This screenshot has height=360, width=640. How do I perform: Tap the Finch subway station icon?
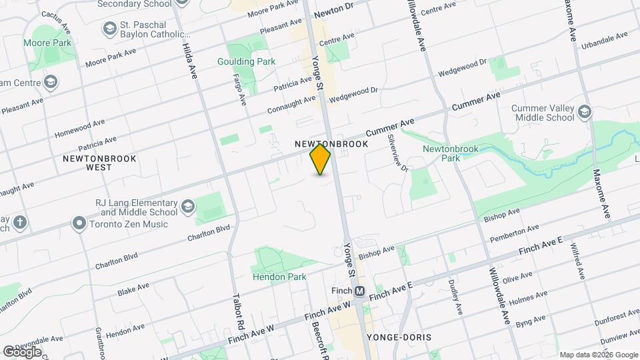[x=360, y=291]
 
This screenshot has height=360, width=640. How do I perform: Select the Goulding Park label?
[x=246, y=61]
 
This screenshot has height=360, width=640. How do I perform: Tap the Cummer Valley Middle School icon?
[x=585, y=111]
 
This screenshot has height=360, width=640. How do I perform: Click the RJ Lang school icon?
[x=187, y=205]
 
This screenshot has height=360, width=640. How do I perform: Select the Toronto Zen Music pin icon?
[x=79, y=223]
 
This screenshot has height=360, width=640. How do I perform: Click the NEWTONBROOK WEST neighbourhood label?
[x=100, y=163]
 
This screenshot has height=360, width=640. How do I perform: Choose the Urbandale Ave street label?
[x=603, y=41]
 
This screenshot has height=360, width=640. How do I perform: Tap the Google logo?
[x=22, y=351]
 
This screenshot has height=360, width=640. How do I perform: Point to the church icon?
[x=21, y=222]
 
